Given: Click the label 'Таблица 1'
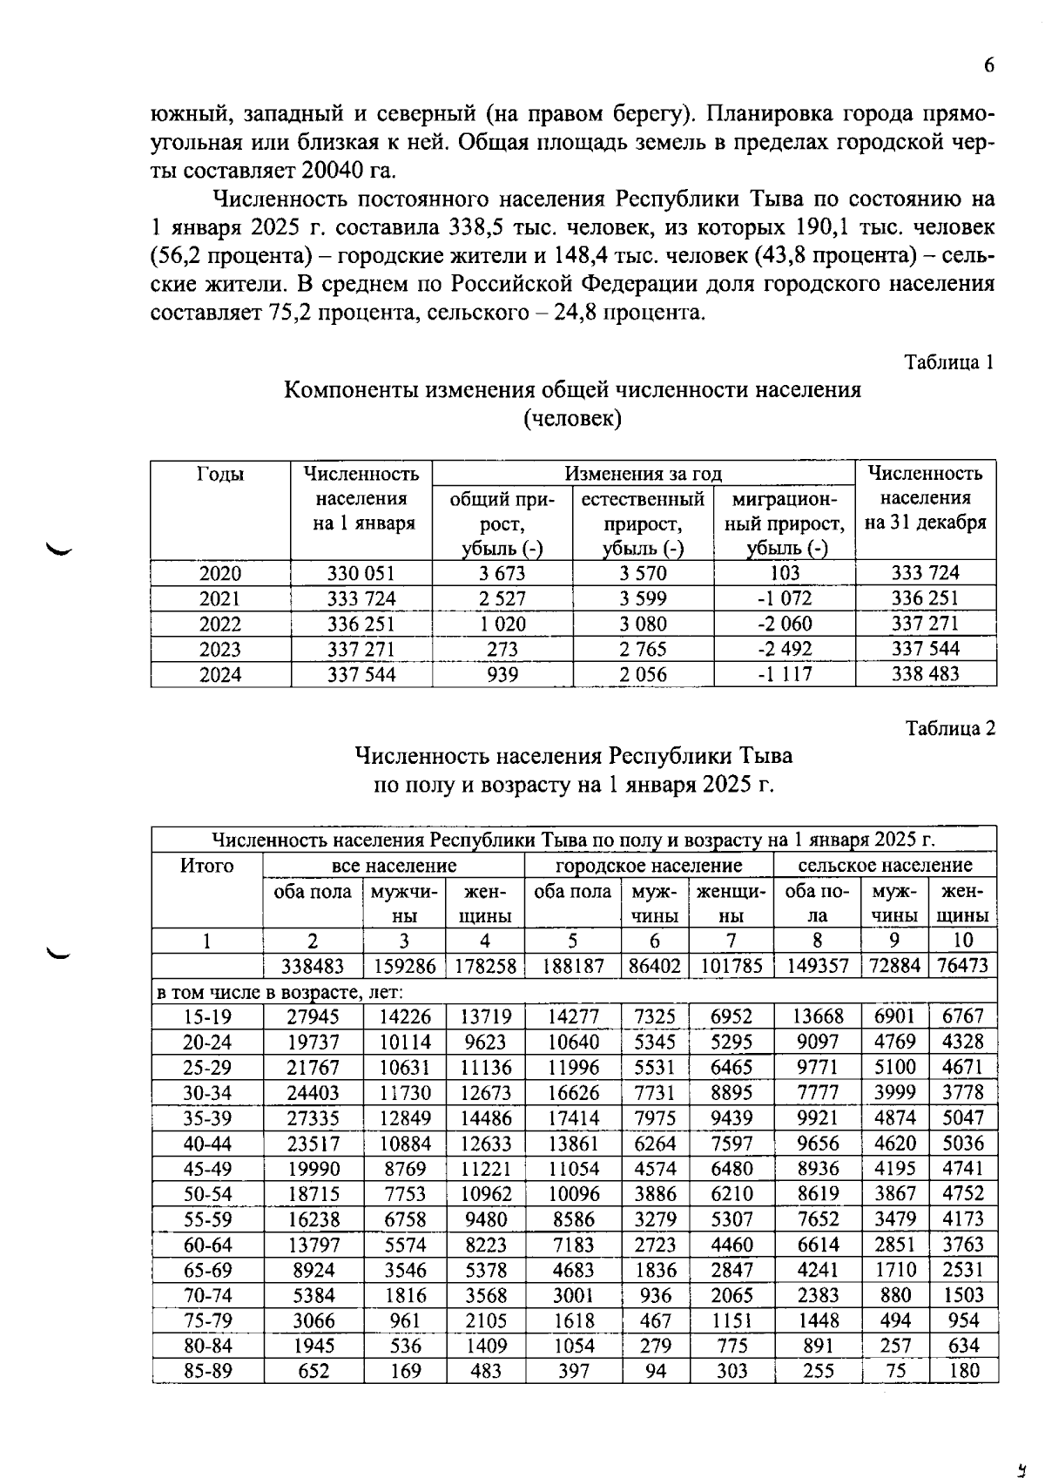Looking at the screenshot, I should click(x=948, y=361).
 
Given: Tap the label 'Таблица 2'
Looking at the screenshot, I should click(x=949, y=728).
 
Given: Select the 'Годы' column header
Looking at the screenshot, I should click(x=220, y=474).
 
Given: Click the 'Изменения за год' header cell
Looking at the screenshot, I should click(x=644, y=474).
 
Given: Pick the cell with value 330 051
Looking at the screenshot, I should click(x=361, y=573).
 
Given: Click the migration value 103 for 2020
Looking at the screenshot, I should click(x=785, y=573).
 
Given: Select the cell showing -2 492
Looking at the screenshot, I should click(x=785, y=649).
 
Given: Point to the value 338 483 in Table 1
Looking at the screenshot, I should click(x=925, y=674).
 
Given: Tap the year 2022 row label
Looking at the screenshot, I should click(x=220, y=624).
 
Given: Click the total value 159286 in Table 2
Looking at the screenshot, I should click(x=404, y=966).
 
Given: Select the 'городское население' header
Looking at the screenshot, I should click(x=649, y=866).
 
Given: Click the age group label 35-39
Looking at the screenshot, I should click(x=207, y=1117).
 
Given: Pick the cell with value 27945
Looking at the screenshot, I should click(x=313, y=1016).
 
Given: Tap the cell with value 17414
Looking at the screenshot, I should click(x=572, y=1117).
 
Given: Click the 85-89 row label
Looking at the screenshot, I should click(x=207, y=1371).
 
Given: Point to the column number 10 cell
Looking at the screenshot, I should click(x=963, y=941).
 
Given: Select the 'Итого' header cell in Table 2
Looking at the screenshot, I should click(x=207, y=866).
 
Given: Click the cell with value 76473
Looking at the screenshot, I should click(x=963, y=966).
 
